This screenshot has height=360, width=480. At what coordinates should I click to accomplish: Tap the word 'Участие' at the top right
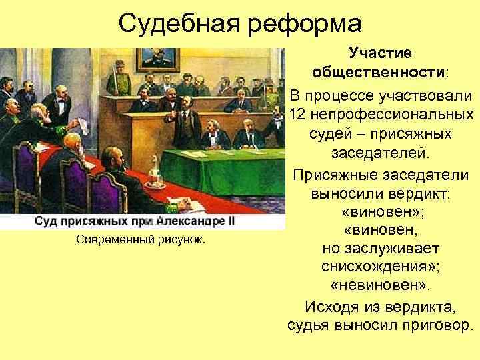pyautogui.click(x=381, y=51)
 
